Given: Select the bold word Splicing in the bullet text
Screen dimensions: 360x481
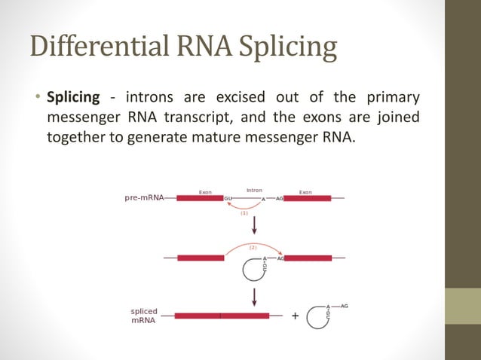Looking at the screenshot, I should [73, 98].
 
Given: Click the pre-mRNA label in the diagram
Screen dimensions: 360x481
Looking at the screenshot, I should [144, 198].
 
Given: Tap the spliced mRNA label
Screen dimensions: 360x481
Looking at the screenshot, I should [144, 315].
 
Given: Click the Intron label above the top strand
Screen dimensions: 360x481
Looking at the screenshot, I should [254, 191].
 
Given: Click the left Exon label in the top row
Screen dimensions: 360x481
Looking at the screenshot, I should [204, 192].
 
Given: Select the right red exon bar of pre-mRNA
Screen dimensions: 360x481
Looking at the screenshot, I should [307, 198].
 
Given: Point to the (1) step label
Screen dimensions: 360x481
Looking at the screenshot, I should [244, 213].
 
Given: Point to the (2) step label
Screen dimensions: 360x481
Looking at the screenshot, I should [253, 247].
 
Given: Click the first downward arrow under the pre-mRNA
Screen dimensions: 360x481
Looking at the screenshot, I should [255, 226].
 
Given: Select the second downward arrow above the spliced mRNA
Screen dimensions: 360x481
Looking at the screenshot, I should [255, 295].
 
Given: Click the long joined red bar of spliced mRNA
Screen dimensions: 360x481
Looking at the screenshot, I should [221, 316].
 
